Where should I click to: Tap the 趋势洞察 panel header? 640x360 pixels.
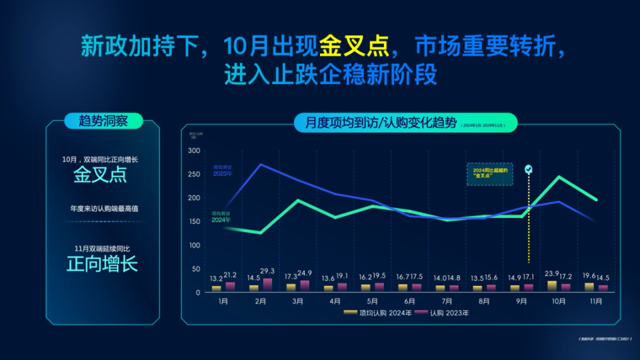coord(103,121)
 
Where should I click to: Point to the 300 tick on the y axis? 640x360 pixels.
coord(194,151)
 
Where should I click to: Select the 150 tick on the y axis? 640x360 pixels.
coord(194,222)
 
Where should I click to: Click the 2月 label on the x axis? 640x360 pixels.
coord(260,301)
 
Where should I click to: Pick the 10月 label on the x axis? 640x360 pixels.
coord(559,301)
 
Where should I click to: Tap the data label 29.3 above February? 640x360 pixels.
coord(268,271)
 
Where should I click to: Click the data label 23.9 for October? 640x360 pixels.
coord(551,273)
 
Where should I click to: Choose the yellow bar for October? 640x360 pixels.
coord(551,285)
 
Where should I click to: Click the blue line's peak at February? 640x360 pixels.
coord(260,164)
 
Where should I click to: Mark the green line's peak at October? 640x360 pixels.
coord(559,177)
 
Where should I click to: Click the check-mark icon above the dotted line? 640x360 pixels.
coord(529,169)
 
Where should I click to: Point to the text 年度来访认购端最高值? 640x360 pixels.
coord(104,209)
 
